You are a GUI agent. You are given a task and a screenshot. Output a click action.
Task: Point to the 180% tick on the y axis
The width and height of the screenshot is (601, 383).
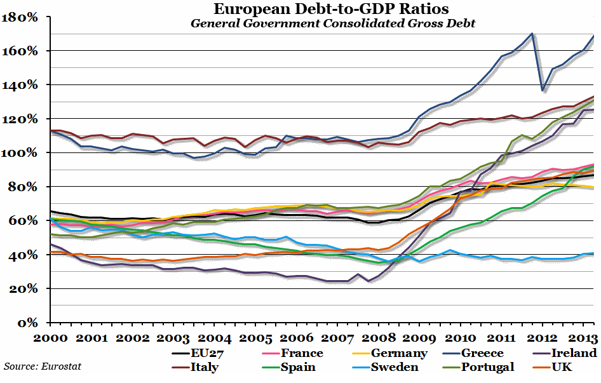[22, 17]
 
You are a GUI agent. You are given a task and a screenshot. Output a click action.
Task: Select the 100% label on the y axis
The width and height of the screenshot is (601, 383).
[22, 153]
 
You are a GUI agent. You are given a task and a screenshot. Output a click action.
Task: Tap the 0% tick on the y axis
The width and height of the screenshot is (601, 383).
[30, 323]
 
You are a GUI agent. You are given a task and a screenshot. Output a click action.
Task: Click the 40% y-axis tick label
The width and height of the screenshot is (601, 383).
[25, 255]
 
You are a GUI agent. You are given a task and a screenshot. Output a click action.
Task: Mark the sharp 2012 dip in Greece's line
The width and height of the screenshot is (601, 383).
[542, 90]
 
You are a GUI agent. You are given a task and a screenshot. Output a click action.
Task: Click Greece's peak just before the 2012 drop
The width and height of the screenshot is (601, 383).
[532, 34]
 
